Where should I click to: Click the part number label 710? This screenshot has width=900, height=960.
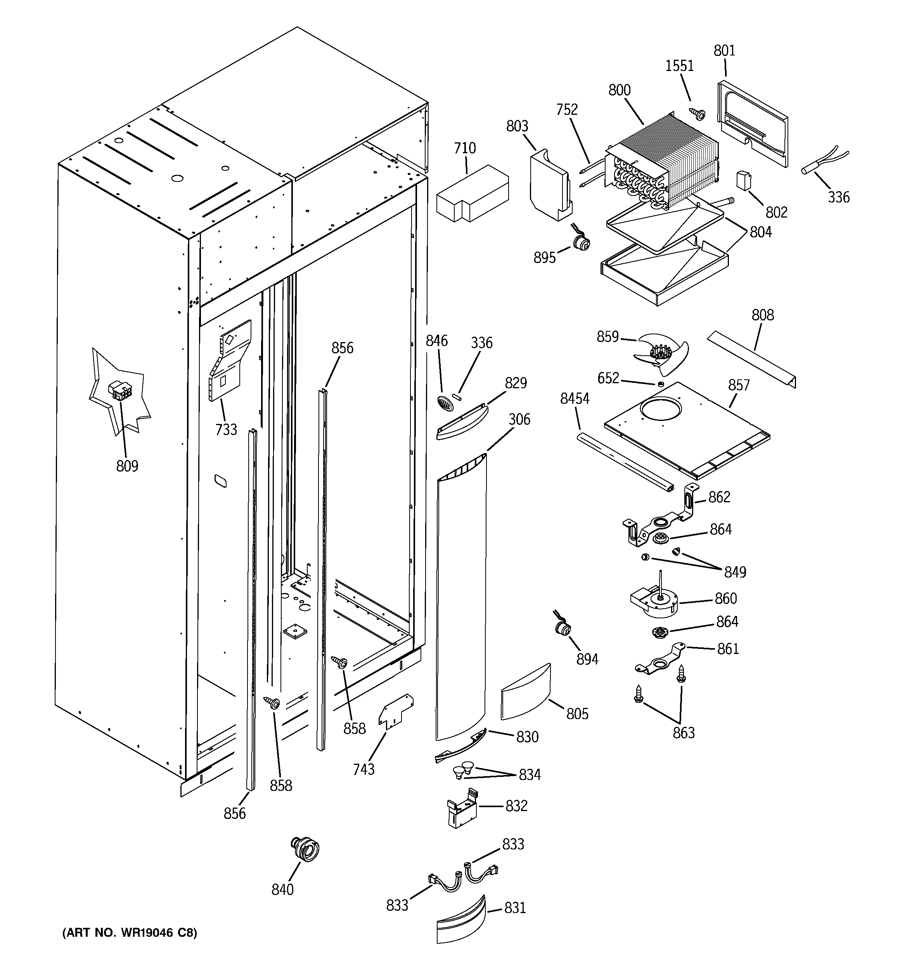[465, 148]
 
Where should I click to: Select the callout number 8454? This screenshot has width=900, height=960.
[575, 398]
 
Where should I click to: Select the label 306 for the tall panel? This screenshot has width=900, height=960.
[519, 419]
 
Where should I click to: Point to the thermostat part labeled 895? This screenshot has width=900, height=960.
[579, 242]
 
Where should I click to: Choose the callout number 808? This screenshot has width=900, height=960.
[762, 315]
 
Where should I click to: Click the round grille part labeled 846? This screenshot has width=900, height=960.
[446, 403]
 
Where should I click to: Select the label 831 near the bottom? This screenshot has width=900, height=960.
[515, 908]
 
